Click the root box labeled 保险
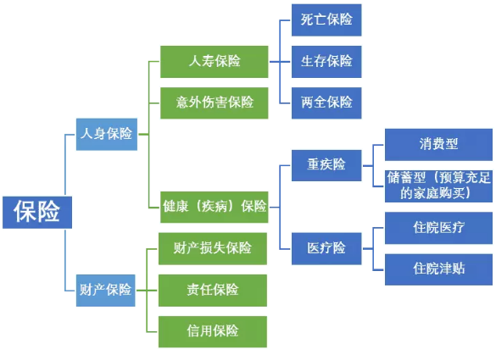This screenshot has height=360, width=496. pos(37,212)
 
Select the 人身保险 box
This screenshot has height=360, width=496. pos(107,135)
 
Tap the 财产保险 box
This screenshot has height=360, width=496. pos(106,291)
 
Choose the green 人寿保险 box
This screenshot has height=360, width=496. pos(215,62)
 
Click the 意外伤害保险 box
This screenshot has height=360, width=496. pos(215,103)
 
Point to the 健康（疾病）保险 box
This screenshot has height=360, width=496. pos(215,207)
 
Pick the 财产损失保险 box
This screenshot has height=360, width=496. pos(213,248)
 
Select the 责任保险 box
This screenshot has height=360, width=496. pos(213,291)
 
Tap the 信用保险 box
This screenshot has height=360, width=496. pos(213,331)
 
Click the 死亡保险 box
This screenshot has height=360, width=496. pos(326,20)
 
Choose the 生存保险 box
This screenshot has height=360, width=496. pos(326,62)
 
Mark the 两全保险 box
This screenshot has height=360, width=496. pos(326,103)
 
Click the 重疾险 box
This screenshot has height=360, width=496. pos(326,165)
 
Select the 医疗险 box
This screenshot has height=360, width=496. pos(326,248)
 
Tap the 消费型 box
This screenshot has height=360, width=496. pos(438,145)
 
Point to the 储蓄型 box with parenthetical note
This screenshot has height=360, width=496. pos(438,186)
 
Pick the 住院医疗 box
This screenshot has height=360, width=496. pos(438,228)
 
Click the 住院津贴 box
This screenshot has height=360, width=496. pos(438,269)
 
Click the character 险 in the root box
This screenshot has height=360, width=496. pos(48,212)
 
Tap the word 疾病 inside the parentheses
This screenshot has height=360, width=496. pos(215,207)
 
